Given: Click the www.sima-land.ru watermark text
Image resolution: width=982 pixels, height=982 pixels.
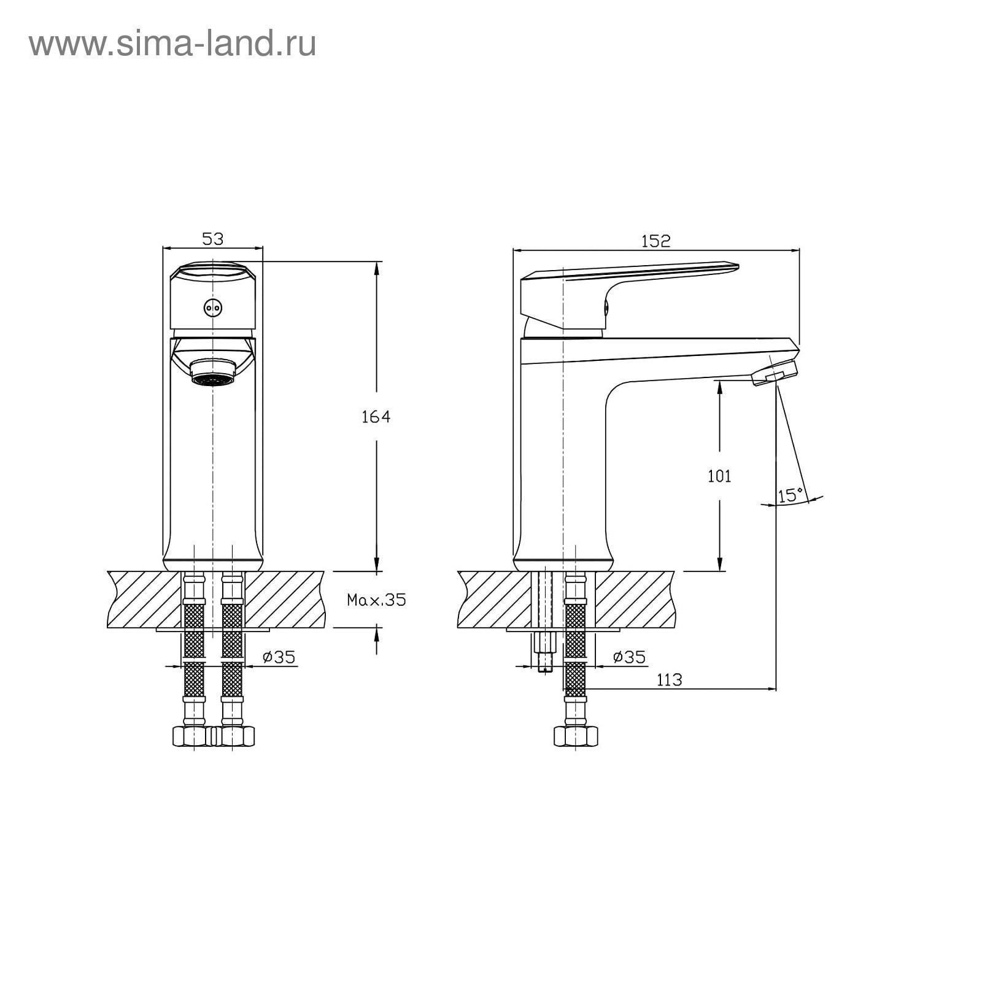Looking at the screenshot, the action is pyautogui.click(x=172, y=44).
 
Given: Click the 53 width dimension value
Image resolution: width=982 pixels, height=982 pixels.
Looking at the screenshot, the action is pyautogui.click(x=213, y=239).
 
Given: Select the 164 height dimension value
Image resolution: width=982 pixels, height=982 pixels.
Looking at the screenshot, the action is pyautogui.click(x=376, y=417).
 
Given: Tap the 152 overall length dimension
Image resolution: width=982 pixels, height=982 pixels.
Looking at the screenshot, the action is pyautogui.click(x=656, y=241).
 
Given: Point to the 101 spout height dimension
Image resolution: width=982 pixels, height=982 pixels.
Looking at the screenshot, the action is pyautogui.click(x=719, y=476).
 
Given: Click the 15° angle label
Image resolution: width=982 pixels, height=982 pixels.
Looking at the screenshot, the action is pyautogui.click(x=791, y=495).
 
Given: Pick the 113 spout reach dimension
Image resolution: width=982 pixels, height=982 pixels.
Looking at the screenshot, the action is pyautogui.click(x=669, y=679).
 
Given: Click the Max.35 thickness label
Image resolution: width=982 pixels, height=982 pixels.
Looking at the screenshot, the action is pyautogui.click(x=377, y=600).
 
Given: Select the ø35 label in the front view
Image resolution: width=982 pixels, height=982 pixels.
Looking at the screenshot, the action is pyautogui.click(x=279, y=657).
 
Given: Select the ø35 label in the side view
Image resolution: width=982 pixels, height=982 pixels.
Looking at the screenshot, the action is pyautogui.click(x=629, y=657).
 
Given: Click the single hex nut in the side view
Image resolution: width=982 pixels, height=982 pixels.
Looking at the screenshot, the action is pyautogui.click(x=575, y=736).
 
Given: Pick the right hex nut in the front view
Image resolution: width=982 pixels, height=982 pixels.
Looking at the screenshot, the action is pyautogui.click(x=233, y=736).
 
